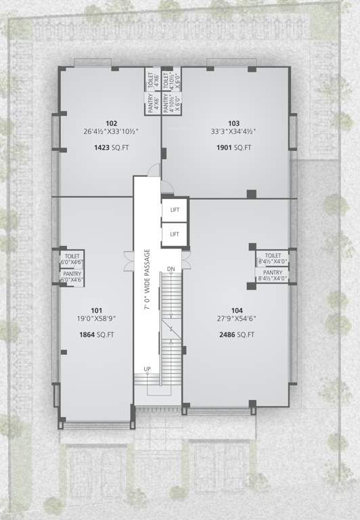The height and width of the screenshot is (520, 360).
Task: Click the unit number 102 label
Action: coord(112,123)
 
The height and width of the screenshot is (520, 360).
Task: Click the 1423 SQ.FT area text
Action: coord(111,147)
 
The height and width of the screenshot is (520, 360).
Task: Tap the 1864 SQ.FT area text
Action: coord(95,334)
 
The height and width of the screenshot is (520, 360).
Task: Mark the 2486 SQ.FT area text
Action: coord(236,334)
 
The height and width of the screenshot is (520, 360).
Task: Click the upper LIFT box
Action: coord(175,211)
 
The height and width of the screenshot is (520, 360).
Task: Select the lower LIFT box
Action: coord(175,234)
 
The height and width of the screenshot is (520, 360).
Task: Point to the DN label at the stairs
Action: coord(171,270)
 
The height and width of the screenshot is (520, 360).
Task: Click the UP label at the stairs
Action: coord(147,368)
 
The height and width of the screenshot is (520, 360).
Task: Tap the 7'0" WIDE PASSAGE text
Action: coord(147,279)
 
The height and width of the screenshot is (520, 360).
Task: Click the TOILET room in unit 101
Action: coord(72,258)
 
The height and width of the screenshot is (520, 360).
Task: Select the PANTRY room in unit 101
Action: coord(72,276)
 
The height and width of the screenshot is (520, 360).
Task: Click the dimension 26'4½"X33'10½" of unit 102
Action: coord(111,132)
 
